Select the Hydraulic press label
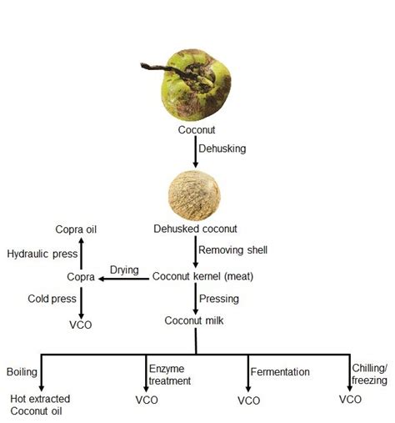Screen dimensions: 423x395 (x=41, y=253)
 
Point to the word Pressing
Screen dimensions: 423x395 (x=219, y=298)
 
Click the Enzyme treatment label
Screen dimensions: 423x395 (x=169, y=375)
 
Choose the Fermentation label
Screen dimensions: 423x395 (x=282, y=372)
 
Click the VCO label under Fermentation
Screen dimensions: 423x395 (x=249, y=400)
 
